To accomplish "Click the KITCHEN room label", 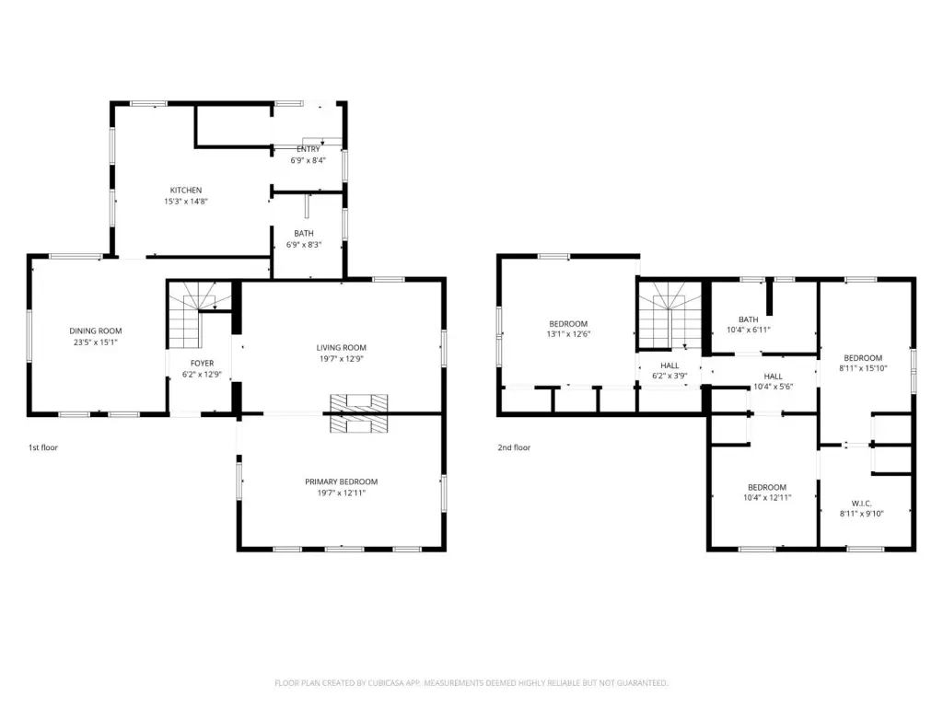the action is (x=186, y=190).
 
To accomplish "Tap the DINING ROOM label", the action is (x=96, y=330).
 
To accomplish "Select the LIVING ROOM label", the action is (x=341, y=347).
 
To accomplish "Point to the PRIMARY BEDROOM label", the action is (x=341, y=481).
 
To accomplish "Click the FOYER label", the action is (x=202, y=363).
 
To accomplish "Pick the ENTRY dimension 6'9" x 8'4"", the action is (x=308, y=160).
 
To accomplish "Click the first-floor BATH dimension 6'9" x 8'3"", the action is (x=304, y=245).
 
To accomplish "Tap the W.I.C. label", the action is (x=862, y=504).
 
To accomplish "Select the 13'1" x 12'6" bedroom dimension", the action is (x=568, y=334).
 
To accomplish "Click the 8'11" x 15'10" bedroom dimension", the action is (x=863, y=368).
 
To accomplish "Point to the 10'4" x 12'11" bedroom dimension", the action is (x=767, y=498).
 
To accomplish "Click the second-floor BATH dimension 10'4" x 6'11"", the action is (x=748, y=330).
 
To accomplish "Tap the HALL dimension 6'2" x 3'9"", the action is (x=669, y=377).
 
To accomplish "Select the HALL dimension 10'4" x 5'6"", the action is (x=773, y=388).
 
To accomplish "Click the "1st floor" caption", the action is (x=43, y=447).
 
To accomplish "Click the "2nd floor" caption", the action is (x=514, y=447).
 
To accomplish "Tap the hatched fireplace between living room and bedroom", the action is (x=358, y=413).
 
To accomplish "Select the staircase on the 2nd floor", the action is (x=669, y=315).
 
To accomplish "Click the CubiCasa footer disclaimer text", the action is (x=471, y=683).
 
